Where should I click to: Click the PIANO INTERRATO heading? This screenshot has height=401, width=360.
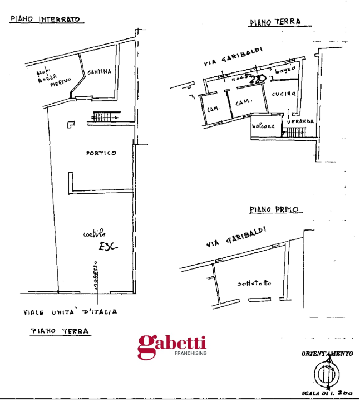click(x=46, y=19)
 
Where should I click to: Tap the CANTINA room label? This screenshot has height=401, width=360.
click(x=99, y=72)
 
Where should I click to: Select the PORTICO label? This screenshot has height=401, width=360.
click(x=101, y=153)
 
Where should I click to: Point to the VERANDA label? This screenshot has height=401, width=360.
click(x=301, y=121)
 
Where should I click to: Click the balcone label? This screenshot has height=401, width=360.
click(x=263, y=126)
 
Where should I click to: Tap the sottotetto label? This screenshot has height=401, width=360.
click(x=254, y=283)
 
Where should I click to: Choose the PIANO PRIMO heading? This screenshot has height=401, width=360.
click(x=274, y=210)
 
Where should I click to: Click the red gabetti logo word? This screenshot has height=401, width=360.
click(x=172, y=345)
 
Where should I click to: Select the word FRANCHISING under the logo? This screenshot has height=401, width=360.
click(x=190, y=354)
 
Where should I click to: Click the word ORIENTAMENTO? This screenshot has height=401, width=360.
click(x=327, y=354)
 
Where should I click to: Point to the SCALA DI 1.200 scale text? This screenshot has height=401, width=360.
click(x=326, y=394)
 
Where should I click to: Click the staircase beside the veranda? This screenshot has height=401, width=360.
click(x=294, y=131)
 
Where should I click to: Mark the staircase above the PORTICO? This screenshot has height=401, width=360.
click(x=106, y=116)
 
